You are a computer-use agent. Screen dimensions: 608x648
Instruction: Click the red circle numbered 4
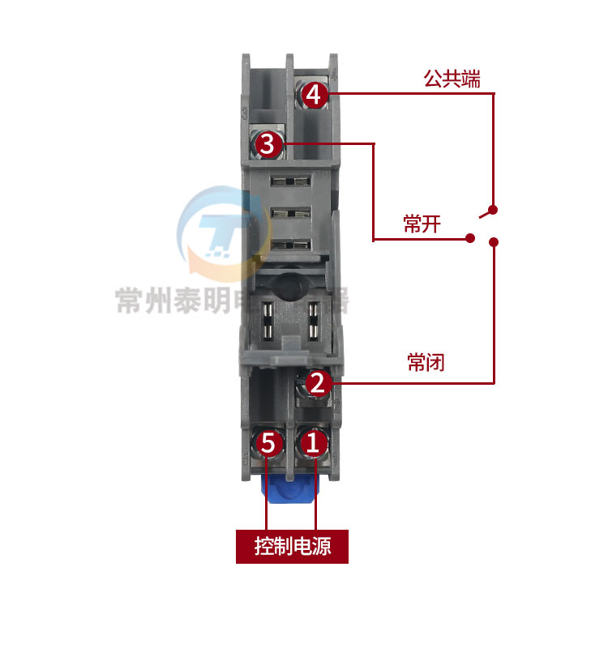(315, 95)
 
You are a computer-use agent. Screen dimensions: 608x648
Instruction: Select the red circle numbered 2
(318, 382)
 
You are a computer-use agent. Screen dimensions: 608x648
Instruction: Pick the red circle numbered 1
(315, 442)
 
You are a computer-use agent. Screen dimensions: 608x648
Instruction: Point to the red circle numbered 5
(269, 443)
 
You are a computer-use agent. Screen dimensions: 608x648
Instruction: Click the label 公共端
(452, 79)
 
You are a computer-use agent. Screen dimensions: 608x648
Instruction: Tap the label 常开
(422, 224)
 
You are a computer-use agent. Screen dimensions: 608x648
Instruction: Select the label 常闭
(426, 362)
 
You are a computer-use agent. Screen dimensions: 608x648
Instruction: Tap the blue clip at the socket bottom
(289, 493)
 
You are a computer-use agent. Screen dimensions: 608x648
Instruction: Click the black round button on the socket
(289, 287)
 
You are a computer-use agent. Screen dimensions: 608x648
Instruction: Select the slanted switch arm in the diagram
(486, 211)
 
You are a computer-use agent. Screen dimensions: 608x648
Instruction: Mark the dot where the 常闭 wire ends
(494, 241)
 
